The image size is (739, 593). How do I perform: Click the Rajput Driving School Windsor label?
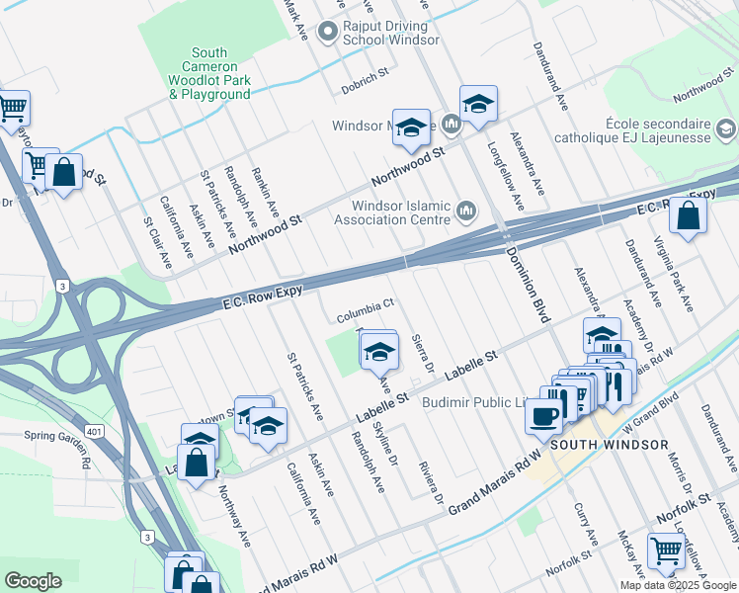click(x=391, y=34)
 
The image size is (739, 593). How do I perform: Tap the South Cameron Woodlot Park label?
click(x=209, y=73)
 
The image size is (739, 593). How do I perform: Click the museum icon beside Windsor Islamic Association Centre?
click(x=465, y=211)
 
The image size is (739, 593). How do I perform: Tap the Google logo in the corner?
click(x=34, y=580)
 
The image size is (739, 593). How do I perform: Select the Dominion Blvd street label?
click(x=526, y=281)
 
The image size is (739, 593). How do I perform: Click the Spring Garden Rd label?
click(x=58, y=436)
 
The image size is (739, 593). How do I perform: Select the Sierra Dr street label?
click(x=423, y=352)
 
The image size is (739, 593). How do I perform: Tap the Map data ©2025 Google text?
click(x=679, y=585)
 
